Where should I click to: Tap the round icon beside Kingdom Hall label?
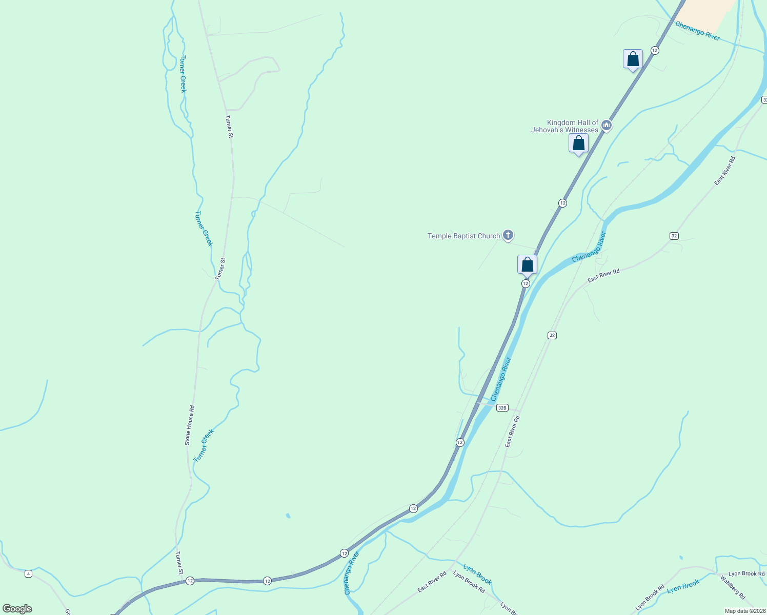(x=607, y=126)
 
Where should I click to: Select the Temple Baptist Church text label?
(x=463, y=236)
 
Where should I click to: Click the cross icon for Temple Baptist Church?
(x=508, y=235)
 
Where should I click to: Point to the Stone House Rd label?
(x=190, y=425)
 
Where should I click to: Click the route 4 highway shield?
(x=28, y=573)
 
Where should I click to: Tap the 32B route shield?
(x=502, y=408)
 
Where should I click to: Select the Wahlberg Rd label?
(x=733, y=588)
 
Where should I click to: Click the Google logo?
(x=17, y=609)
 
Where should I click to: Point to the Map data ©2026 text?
(x=744, y=611)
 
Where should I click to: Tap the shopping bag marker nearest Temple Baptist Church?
(x=527, y=265)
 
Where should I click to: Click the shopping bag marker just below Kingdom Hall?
(x=578, y=143)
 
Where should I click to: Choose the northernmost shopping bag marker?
(x=633, y=59)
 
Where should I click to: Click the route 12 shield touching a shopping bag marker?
(x=526, y=283)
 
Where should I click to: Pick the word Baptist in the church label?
(x=463, y=236)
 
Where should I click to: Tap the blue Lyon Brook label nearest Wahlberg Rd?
(x=683, y=587)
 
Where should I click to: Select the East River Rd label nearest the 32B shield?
(x=512, y=432)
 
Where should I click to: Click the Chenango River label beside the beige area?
(x=697, y=31)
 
